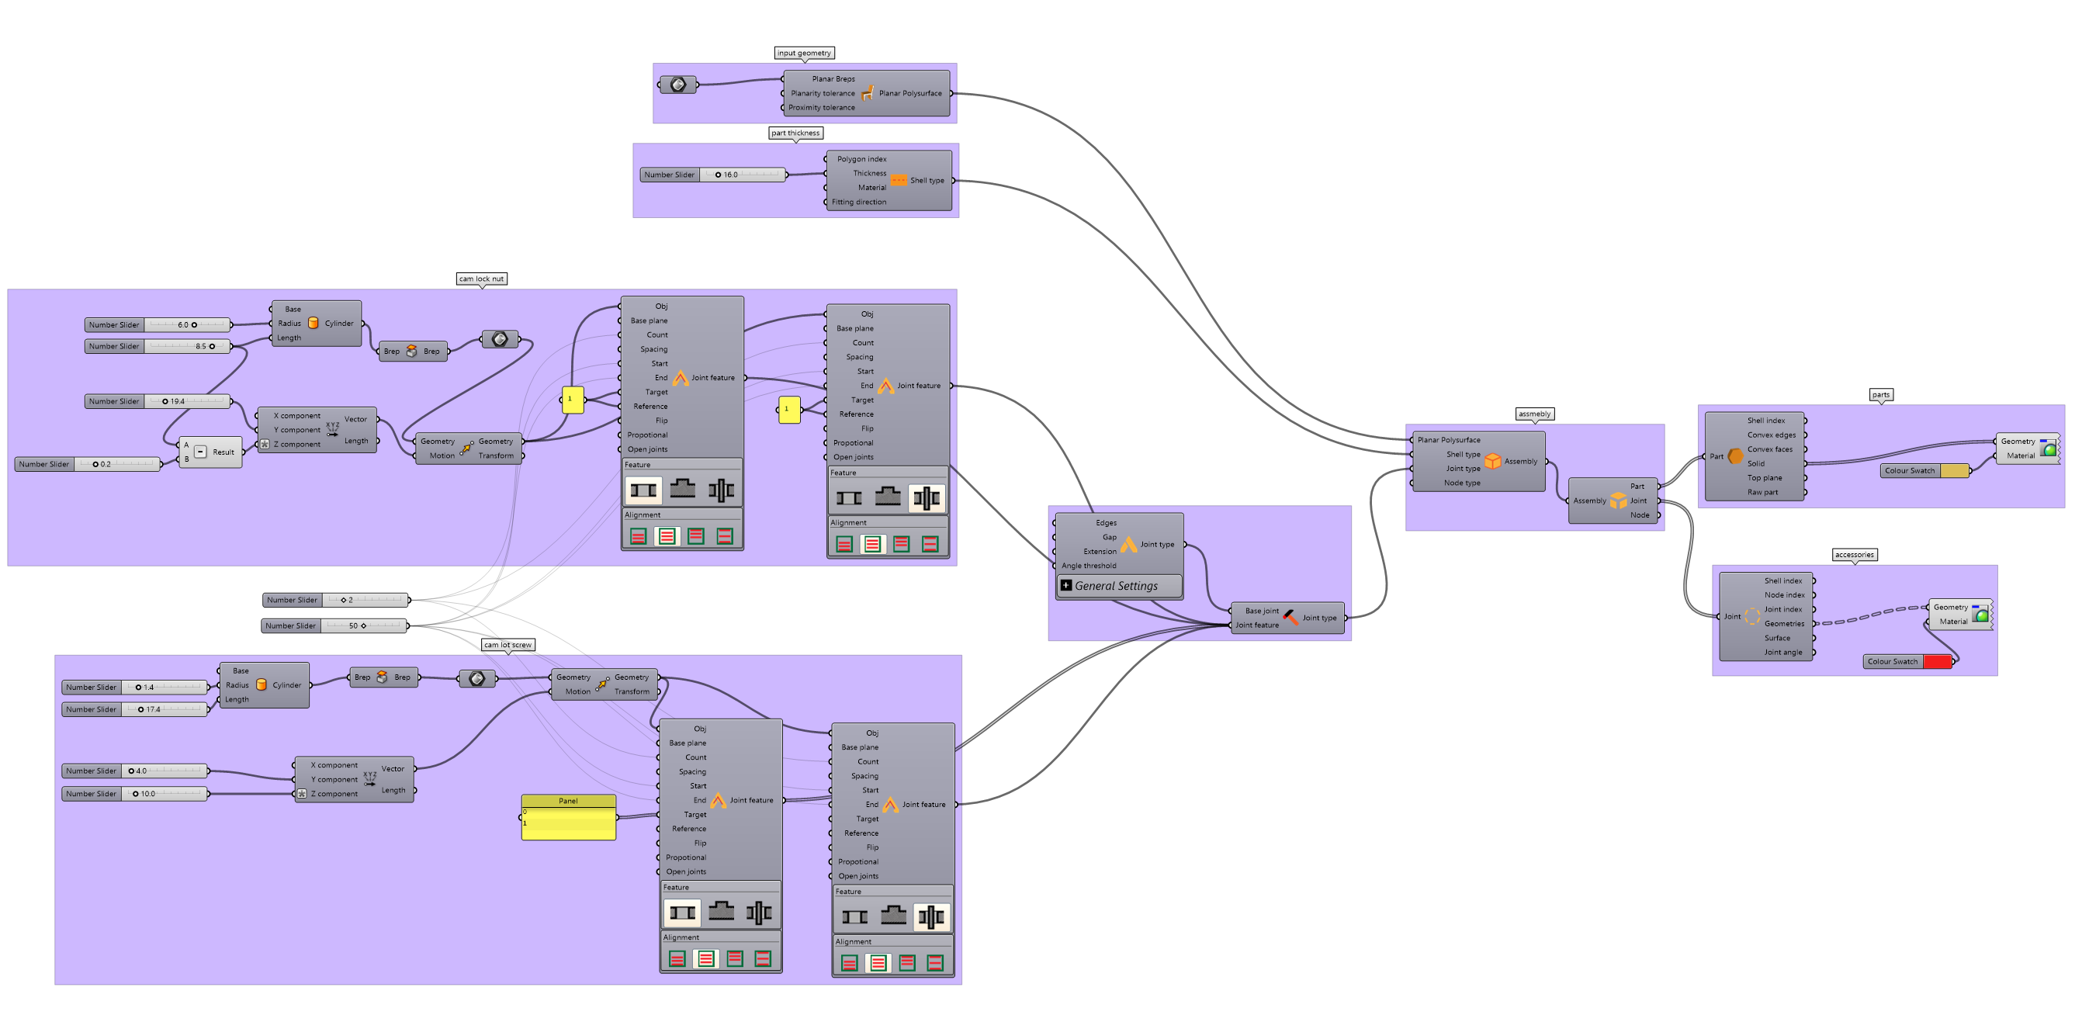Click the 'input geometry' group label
tap(803, 53)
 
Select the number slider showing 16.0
tap(712, 175)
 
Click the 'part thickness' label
tap(795, 133)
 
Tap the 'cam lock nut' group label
tap(482, 279)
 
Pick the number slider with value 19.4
tap(158, 401)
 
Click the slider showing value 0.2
tap(87, 464)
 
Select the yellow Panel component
tap(568, 818)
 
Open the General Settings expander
tap(1066, 585)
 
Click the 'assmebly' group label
tap(1534, 414)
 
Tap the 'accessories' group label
tap(1854, 555)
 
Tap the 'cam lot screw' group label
tap(508, 644)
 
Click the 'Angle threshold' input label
tap(1089, 566)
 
